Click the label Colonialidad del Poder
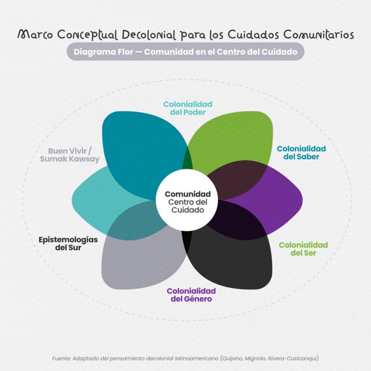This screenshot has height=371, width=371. pyautogui.click(x=187, y=108)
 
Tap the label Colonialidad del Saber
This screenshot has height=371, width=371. pyautogui.click(x=301, y=153)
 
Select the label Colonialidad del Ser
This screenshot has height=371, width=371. pyautogui.click(x=303, y=249)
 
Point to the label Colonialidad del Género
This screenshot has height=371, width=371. pyautogui.click(x=191, y=295)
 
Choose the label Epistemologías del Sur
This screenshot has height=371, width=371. pyautogui.click(x=68, y=243)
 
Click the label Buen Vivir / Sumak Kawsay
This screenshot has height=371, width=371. pyautogui.click(x=70, y=155)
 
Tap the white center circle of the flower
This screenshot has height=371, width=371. pyautogui.click(x=187, y=200)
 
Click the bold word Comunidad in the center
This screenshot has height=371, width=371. pyautogui.click(x=187, y=194)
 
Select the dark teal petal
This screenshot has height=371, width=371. pyautogui.click(x=142, y=151)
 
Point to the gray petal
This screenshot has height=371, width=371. pyautogui.click(x=140, y=260)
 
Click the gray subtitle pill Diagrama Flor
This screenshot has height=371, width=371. pyautogui.click(x=185, y=52)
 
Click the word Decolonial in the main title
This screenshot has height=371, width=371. pyautogui.click(x=149, y=35)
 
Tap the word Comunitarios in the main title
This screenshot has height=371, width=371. pyautogui.click(x=318, y=35)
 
